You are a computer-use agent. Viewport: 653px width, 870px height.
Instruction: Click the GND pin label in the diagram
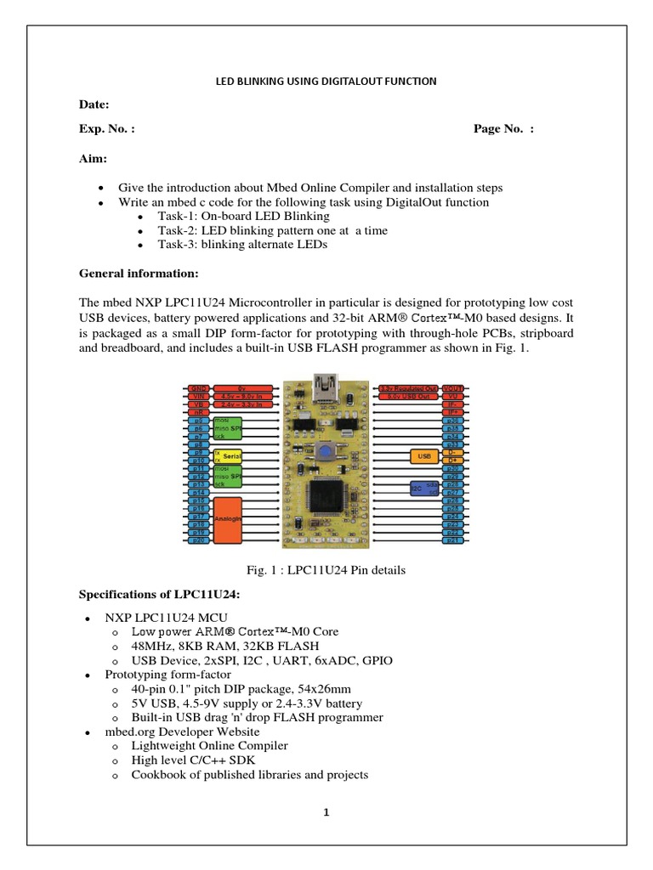[197, 387]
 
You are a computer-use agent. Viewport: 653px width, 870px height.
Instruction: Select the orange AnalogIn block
[227, 519]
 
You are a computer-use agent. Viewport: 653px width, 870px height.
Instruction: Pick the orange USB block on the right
[423, 456]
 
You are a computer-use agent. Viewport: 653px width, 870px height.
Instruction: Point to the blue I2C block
[423, 488]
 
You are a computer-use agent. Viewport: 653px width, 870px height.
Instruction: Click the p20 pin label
[197, 540]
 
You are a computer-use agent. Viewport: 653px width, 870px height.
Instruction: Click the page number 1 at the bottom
[326, 812]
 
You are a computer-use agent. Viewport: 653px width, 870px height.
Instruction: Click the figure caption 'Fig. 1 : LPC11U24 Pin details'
[326, 570]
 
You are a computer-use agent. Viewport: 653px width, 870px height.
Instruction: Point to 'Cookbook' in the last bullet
[156, 774]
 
